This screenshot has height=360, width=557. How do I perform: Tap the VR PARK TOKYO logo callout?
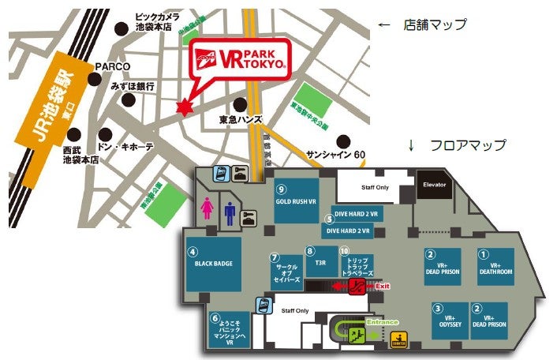tap(240, 60)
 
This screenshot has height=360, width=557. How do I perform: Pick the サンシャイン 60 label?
tap(337, 153)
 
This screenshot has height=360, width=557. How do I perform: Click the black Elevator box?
tap(434, 185)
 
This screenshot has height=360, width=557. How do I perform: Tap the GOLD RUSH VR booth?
tap(296, 201)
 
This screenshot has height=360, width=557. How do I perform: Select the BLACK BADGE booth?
tap(213, 263)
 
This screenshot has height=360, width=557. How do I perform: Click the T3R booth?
tap(321, 262)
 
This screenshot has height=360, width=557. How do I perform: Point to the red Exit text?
tap(383, 286)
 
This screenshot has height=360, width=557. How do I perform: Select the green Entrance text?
tap(384, 322)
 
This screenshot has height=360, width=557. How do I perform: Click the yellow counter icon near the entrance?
tap(400, 341)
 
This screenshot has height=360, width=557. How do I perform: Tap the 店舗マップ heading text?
tap(435, 24)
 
